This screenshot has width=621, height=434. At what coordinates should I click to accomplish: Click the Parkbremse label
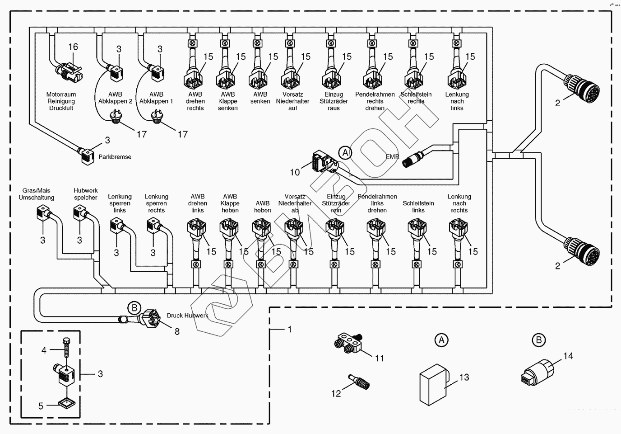pyautogui.click(x=115, y=157)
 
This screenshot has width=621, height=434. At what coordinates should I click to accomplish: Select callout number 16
pyautogui.click(x=73, y=47)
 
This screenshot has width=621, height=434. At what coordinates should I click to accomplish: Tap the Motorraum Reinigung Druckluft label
pyautogui.click(x=61, y=101)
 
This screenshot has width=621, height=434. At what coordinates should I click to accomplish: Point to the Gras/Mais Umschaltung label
pyautogui.click(x=37, y=194)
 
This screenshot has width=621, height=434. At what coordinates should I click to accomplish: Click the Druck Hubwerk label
pyautogui.click(x=187, y=316)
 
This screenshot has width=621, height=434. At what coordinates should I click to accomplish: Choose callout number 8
pyautogui.click(x=177, y=332)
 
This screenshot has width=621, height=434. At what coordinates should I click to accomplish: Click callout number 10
pyautogui.click(x=295, y=172)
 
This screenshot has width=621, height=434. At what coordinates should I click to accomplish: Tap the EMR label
pyautogui.click(x=392, y=157)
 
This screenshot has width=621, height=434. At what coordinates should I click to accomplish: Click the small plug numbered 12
pyautogui.click(x=360, y=382)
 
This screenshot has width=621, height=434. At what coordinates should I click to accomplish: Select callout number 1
pyautogui.click(x=290, y=329)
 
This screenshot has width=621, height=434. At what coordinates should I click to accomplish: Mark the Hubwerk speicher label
pyautogui.click(x=86, y=194)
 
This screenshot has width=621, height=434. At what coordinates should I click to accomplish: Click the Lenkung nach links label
pyautogui.click(x=457, y=101)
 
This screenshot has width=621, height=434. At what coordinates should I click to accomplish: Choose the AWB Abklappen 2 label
pyautogui.click(x=116, y=98)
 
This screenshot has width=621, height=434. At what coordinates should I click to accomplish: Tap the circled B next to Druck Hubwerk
pyautogui.click(x=134, y=308)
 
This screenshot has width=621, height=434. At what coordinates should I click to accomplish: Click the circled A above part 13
pyautogui.click(x=441, y=340)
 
